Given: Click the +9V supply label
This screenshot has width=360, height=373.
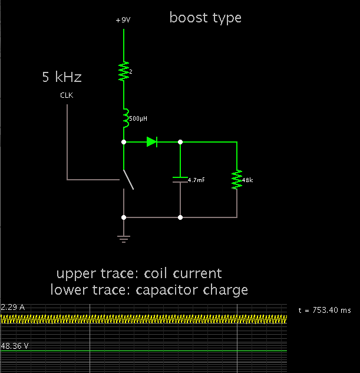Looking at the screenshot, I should (123, 20).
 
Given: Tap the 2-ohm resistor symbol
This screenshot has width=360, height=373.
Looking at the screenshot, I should (124, 71).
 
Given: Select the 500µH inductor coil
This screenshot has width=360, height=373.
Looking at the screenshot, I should (124, 118).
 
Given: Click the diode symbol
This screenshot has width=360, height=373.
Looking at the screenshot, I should (152, 141).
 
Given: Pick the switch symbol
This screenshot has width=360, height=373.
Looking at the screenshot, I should (127, 180).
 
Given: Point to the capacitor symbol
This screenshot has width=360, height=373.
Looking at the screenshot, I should (180, 180).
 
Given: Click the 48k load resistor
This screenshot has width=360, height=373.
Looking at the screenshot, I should (237, 180).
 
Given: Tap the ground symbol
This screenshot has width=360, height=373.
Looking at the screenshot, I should (124, 237).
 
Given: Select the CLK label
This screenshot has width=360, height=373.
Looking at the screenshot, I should (67, 95).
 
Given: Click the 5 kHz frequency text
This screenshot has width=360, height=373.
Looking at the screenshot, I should (61, 77).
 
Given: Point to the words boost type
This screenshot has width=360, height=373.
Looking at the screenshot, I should (205, 18).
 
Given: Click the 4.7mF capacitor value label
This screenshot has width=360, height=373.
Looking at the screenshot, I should (196, 180).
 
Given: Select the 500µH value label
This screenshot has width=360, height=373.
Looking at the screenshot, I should (138, 118).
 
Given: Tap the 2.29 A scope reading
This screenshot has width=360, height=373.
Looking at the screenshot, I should (12, 308).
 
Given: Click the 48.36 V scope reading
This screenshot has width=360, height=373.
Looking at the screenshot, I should (14, 346).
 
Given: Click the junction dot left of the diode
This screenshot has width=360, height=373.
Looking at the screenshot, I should (124, 142).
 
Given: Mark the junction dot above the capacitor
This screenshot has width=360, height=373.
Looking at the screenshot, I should (180, 142).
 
